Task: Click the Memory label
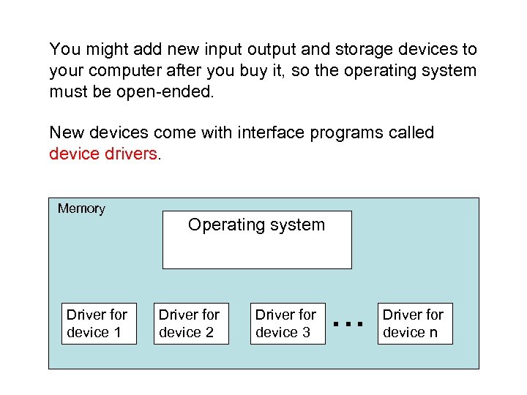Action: pos(81,208)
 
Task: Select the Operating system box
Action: pos(256,239)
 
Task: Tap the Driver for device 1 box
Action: pos(99,323)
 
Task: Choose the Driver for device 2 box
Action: pos(191,323)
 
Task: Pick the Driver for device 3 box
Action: pos(287,323)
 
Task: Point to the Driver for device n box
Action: pos(415,323)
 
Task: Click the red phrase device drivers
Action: pos(102,154)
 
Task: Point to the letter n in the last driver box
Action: pos(434,333)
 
